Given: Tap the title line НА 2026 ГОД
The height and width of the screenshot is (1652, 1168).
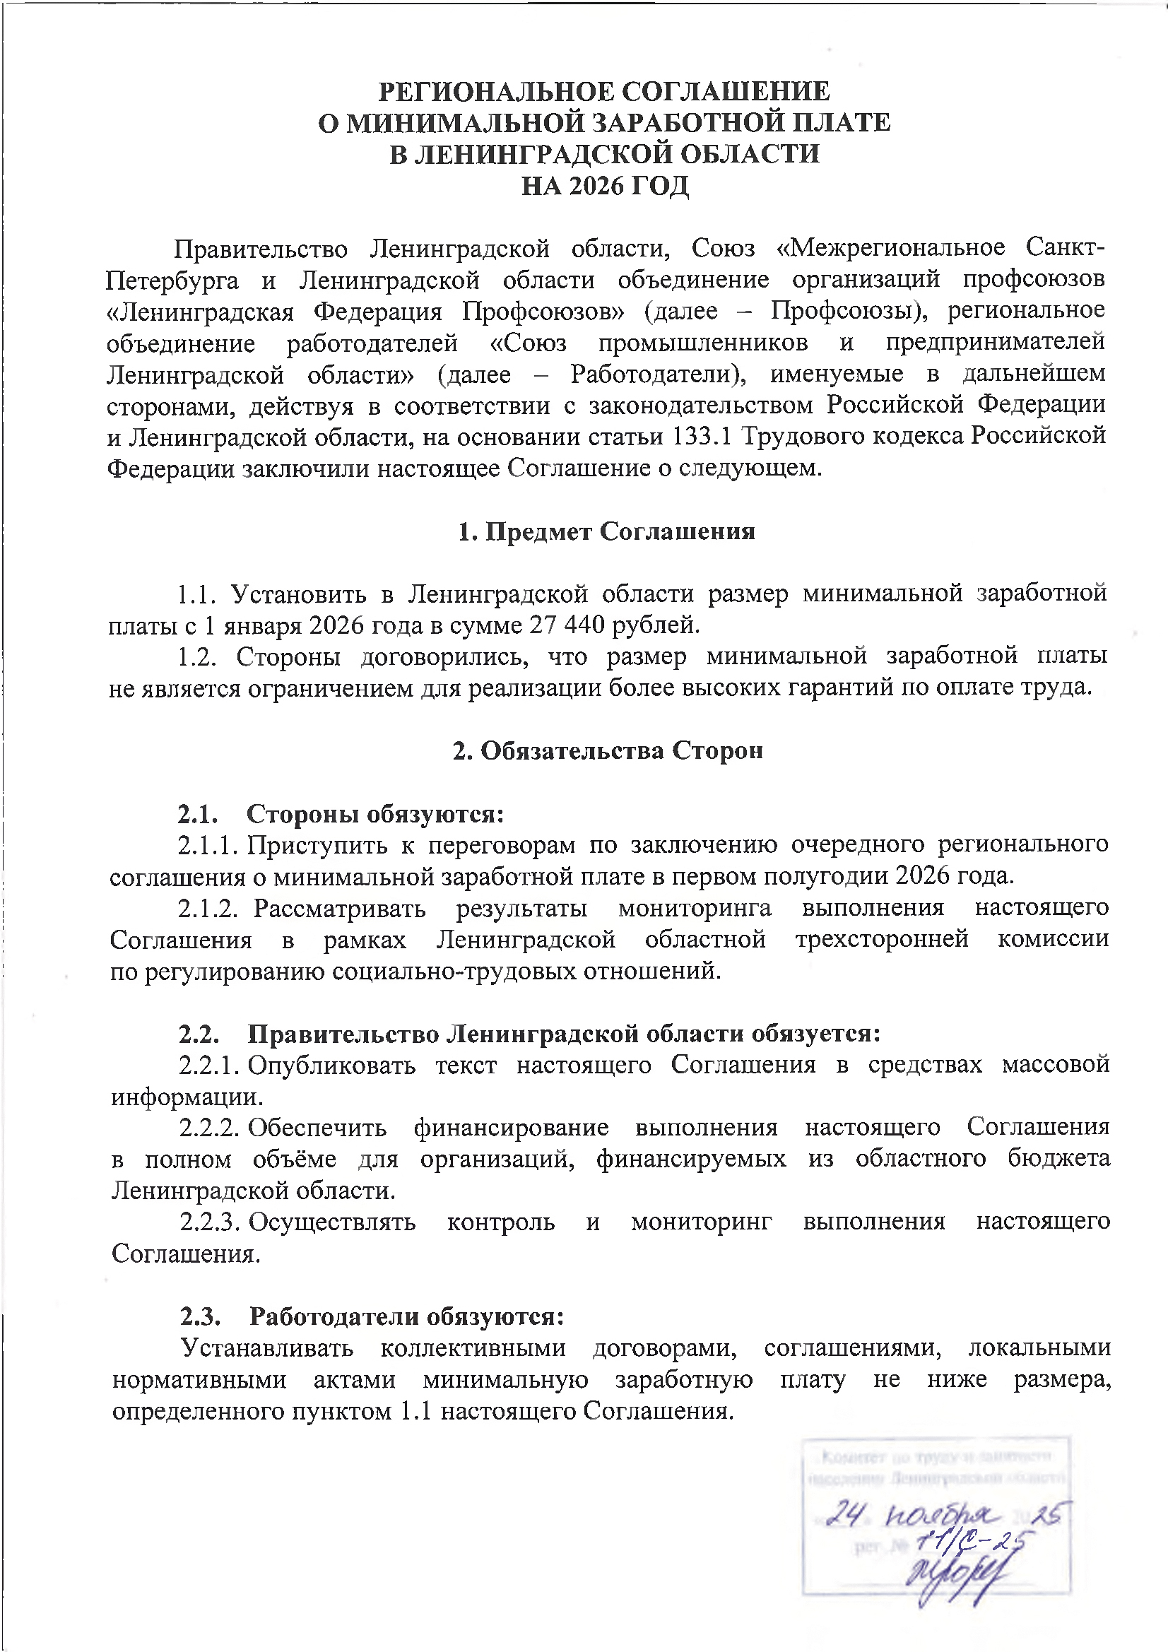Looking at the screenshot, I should coord(605,187).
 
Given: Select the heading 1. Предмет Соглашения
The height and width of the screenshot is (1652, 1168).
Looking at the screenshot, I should coord(606,532).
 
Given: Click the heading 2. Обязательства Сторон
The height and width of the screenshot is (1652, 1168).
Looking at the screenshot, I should coord(608,750).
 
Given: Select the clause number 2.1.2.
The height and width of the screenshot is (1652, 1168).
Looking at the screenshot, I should coord(207,909).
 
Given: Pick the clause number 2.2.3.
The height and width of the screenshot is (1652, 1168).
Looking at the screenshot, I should coord(208,1222).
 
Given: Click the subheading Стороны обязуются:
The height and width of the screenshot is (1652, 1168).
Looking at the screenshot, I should coord(375,814).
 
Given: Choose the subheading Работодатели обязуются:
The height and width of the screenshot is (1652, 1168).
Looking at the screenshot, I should coord(406,1316).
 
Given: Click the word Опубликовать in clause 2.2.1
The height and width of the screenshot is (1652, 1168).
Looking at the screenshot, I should coord(332,1065).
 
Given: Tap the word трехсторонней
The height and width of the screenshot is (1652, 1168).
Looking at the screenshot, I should coord(882,940).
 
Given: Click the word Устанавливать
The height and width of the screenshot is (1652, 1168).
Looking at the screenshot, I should coord(267,1347).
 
